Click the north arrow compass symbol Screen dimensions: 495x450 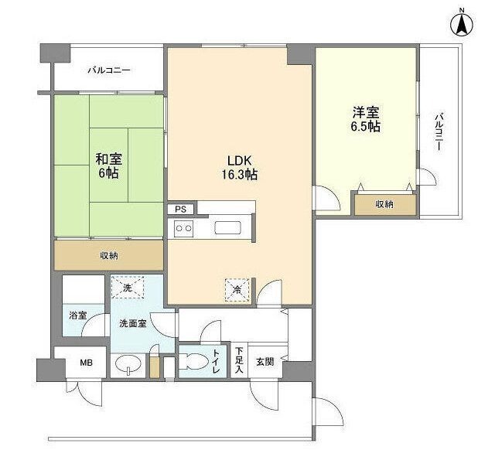[462, 24]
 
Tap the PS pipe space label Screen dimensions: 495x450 [180, 210]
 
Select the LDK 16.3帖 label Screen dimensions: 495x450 [240, 167]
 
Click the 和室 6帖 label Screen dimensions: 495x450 [108, 166]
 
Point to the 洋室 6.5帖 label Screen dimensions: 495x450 [366, 119]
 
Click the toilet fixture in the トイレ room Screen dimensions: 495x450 [196, 361]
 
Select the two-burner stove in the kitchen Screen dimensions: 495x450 [184, 228]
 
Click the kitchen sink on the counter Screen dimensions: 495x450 [228, 228]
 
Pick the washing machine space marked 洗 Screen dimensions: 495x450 [128, 288]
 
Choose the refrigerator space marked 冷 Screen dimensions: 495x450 [237, 290]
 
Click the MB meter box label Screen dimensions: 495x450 [86, 363]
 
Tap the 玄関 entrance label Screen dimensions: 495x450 [265, 362]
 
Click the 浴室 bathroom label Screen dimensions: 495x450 [78, 315]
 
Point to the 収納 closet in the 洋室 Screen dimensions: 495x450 [384, 204]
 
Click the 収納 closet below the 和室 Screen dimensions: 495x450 [108, 255]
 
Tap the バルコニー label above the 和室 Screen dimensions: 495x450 [109, 70]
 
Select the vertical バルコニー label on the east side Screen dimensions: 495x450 [439, 131]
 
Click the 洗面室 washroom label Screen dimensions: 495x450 [133, 323]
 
